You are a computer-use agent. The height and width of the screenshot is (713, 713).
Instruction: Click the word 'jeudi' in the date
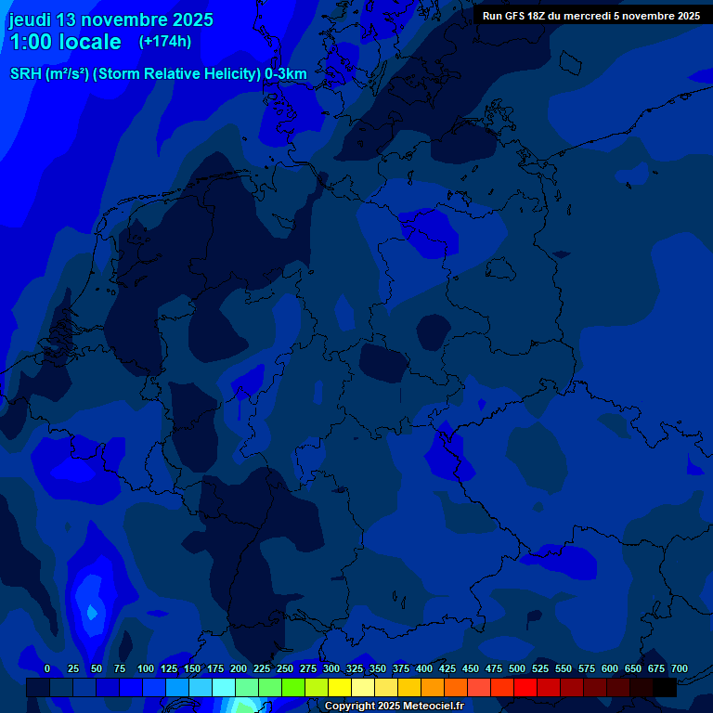[30, 19]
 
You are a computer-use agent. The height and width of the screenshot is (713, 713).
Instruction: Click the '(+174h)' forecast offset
[165, 41]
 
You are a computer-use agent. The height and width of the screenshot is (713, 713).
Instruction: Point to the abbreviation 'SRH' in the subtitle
[26, 74]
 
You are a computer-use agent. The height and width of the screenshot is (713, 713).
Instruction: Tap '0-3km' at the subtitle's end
[286, 74]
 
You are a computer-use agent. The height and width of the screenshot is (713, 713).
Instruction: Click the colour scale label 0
[47, 668]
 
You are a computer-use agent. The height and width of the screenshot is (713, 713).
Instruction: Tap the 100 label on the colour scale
[146, 668]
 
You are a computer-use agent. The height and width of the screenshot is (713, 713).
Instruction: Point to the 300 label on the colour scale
[331, 668]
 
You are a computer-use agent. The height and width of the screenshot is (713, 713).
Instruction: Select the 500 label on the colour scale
[517, 668]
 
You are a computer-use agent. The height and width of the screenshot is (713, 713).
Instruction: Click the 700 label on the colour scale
[680, 668]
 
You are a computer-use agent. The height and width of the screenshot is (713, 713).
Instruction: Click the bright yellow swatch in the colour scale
[340, 687]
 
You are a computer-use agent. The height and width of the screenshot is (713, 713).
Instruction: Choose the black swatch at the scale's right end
[665, 687]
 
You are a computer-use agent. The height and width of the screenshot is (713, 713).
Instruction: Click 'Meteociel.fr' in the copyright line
[434, 707]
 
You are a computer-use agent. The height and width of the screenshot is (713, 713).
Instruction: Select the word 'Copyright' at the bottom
[350, 707]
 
